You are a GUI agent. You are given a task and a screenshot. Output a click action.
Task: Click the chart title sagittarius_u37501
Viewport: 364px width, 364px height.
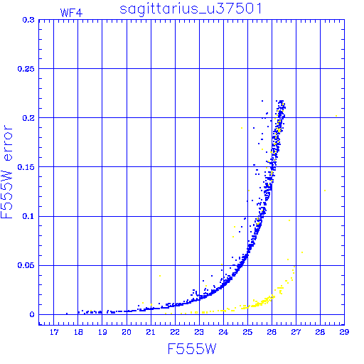coord(191,9)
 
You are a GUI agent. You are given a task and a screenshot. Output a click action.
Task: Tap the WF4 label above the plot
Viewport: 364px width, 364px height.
coord(71,13)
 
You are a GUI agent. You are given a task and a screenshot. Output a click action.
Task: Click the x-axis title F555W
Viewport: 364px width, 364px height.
coord(192,348)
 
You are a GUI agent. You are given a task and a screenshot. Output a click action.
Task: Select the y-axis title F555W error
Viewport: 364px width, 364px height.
coord(7,172)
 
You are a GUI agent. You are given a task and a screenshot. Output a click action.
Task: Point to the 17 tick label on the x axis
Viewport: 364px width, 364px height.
coord(54,332)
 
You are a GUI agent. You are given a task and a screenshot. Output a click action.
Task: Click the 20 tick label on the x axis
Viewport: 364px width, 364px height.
coord(127,332)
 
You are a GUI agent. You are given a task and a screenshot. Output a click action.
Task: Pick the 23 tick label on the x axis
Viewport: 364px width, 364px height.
coord(199,332)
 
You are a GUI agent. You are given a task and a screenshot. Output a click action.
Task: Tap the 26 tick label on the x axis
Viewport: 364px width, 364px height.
coord(272,332)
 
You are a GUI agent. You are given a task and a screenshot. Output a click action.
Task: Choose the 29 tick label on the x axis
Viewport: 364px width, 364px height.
coord(344,332)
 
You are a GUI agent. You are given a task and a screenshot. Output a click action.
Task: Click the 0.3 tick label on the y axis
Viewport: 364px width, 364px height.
coord(28,20)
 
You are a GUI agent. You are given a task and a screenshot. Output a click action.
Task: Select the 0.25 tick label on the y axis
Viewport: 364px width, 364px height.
coord(26,69)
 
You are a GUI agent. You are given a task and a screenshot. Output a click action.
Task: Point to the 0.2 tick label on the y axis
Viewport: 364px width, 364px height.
coord(28,118)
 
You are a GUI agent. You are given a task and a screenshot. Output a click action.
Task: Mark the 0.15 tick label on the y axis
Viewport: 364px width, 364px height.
coord(26,167)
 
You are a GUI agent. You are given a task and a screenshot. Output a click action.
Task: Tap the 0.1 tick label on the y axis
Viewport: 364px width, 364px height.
coord(28,216)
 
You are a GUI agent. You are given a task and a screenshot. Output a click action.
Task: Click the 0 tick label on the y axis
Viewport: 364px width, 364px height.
coord(32,314)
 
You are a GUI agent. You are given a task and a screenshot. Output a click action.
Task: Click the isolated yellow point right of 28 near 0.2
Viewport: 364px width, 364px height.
coord(336,116)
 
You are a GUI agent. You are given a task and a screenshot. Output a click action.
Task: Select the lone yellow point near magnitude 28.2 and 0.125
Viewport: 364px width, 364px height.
coord(325,191)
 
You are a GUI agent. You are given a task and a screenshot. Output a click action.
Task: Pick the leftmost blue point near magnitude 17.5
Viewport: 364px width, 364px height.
coord(67,314)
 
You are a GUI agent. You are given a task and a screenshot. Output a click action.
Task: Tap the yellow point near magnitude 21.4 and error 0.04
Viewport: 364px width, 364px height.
coord(160,276)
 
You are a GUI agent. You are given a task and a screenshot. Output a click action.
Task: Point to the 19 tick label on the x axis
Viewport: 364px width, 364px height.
coord(102,332)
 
